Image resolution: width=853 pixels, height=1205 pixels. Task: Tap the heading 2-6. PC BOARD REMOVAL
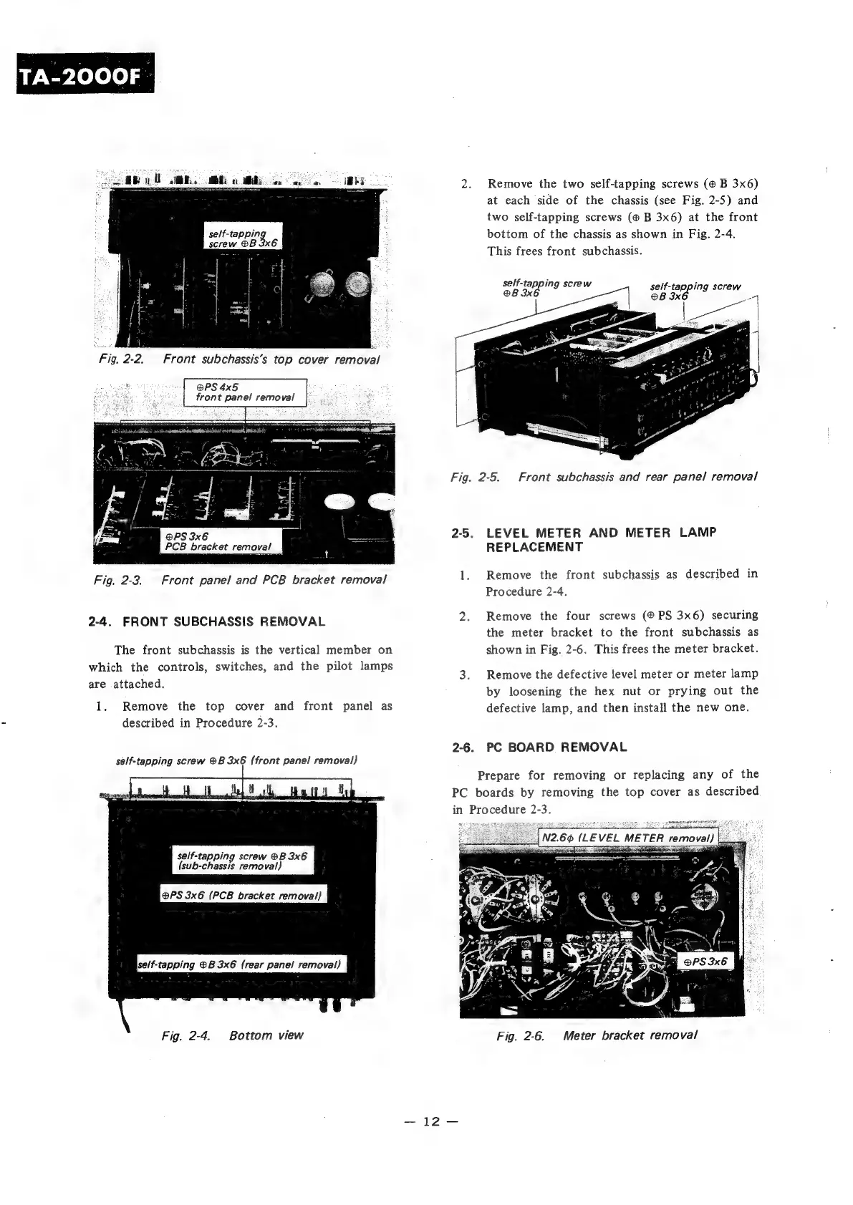coord(539,747)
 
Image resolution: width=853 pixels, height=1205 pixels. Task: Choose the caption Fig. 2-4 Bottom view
coord(232,1035)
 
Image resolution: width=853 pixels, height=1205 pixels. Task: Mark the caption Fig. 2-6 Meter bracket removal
coord(597,1035)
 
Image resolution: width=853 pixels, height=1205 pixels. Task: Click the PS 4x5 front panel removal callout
coord(245,392)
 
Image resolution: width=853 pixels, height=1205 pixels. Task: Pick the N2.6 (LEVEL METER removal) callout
coord(627,838)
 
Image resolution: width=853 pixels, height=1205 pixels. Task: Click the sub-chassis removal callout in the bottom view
coord(242,861)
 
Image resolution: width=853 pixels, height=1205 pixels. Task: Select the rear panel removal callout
coord(241,964)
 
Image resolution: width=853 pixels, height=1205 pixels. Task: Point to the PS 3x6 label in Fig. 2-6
coord(705,962)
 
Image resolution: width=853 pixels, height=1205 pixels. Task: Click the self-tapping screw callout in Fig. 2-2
coord(243,236)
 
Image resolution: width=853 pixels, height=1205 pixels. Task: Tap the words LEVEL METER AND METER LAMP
coord(601,533)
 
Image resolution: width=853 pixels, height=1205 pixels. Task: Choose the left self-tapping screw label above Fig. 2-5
coord(547,287)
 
